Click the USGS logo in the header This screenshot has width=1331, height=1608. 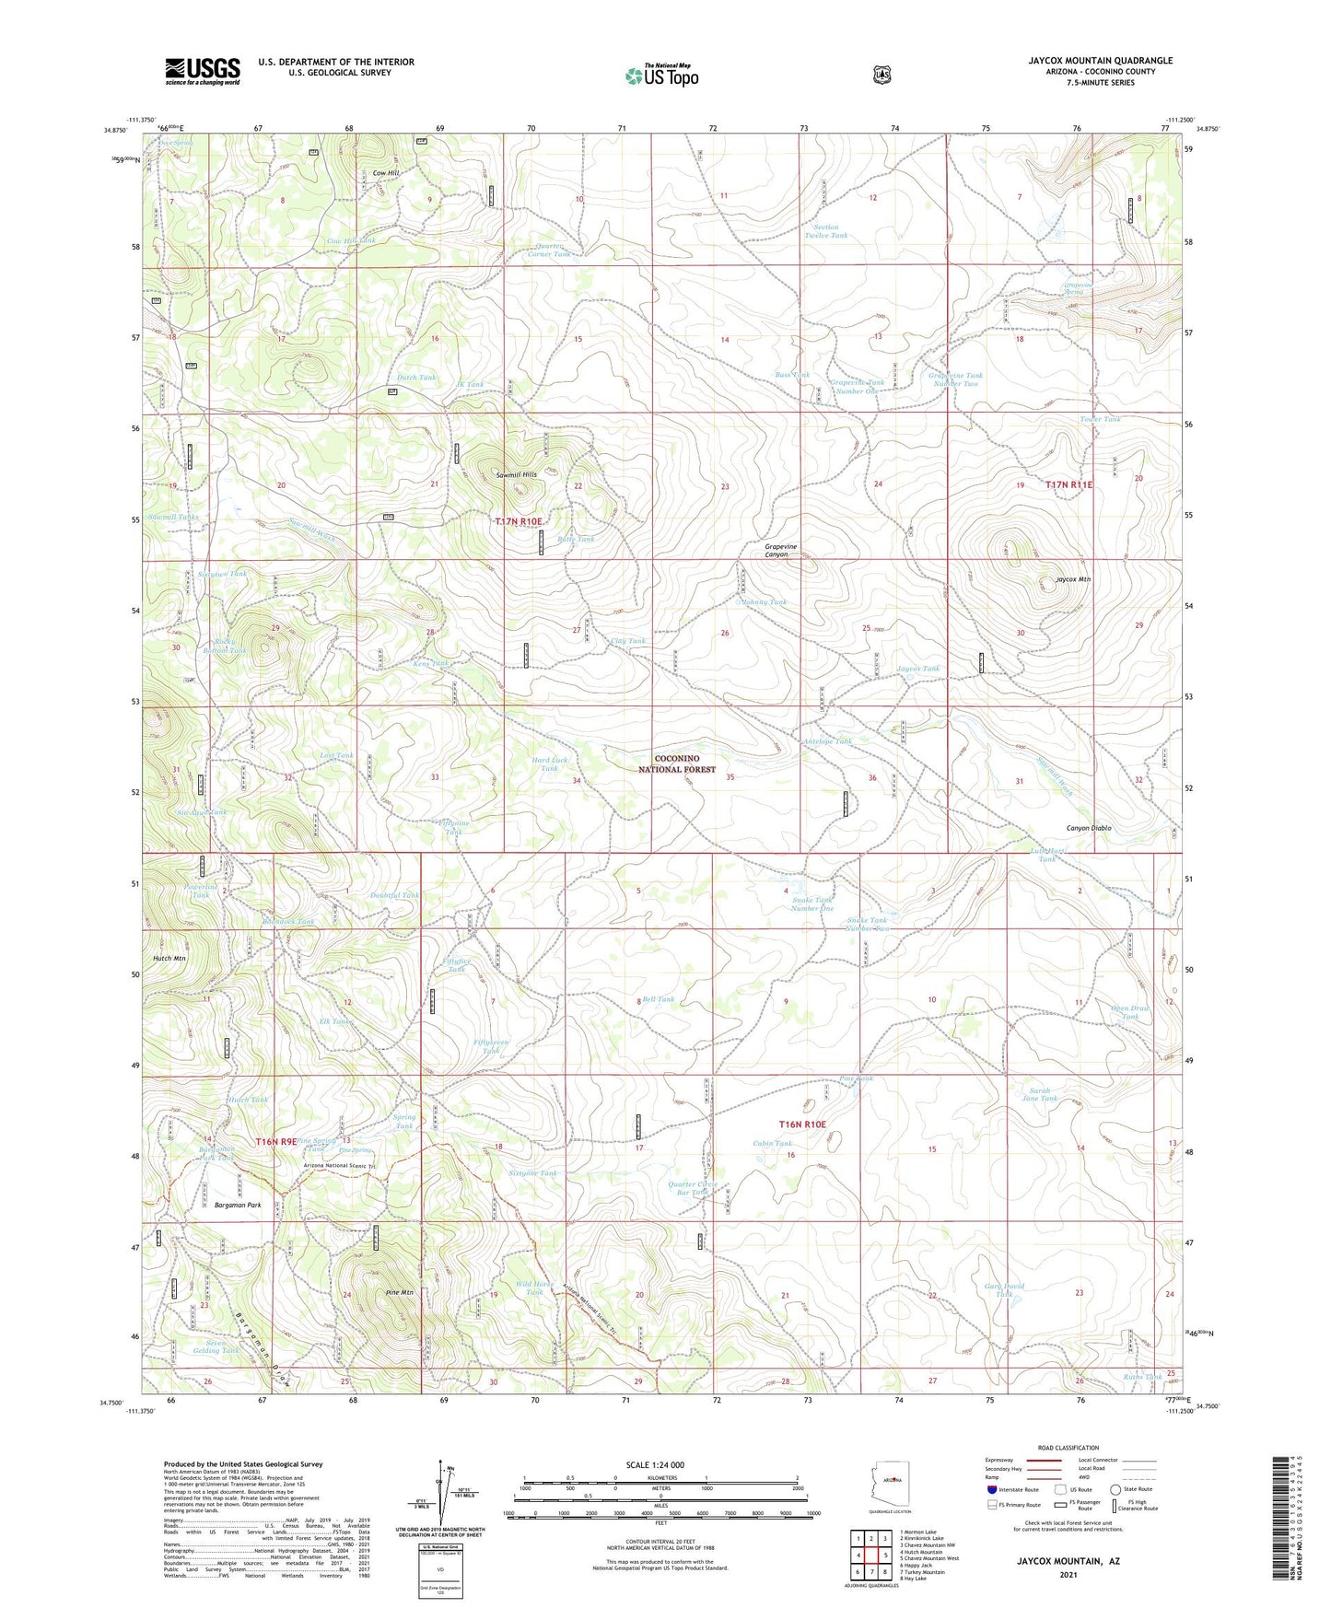pos(203,71)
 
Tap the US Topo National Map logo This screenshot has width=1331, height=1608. pos(661,76)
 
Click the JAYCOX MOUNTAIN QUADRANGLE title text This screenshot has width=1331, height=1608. pos(1100,61)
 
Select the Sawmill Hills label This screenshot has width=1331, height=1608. pos(516,475)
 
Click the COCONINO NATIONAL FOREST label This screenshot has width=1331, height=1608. pos(677,763)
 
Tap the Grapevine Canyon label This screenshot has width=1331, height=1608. pos(781,551)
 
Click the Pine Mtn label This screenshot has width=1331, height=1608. pos(398,1293)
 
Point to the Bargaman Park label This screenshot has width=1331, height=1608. pos(237,1205)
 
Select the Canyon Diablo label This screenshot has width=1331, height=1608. pos(1088,828)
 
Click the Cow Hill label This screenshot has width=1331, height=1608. pos(386,173)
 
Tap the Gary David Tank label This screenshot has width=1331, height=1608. pos(1003,1289)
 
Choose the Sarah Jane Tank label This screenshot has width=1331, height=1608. pos(1040,1094)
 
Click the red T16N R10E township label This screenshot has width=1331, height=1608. pos(802,1124)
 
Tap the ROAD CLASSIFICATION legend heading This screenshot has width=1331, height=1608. pos(1068,1448)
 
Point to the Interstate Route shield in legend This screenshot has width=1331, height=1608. pos(992,1488)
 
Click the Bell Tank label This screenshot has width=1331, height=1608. pos(659,999)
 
